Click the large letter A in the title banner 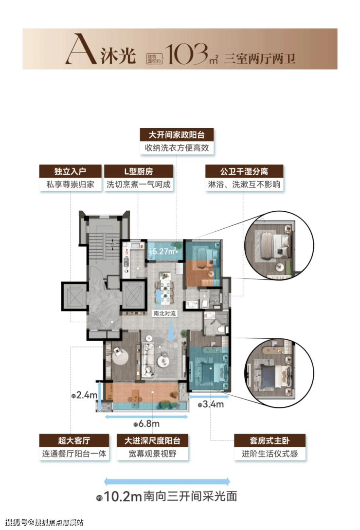click(80, 49)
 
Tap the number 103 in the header click(186, 54)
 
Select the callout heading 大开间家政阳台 click(177, 135)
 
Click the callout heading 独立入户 click(71, 171)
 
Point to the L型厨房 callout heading click(139, 171)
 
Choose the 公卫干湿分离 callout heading click(244, 171)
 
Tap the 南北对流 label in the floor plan click(164, 313)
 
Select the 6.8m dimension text click(149, 423)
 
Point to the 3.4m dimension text click(213, 404)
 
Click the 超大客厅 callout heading click(74, 441)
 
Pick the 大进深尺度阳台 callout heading click(152, 441)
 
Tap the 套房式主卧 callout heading click(270, 441)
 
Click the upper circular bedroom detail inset click(279, 246)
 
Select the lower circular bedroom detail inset click(279, 372)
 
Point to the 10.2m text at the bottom click(123, 496)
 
